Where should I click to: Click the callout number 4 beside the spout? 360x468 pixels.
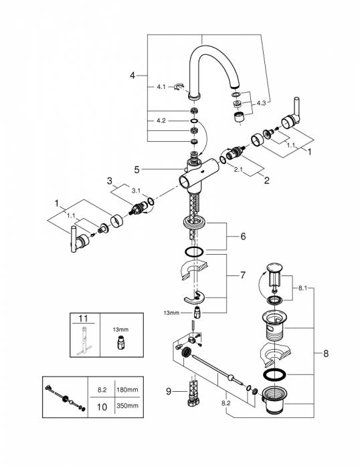(x=132, y=76)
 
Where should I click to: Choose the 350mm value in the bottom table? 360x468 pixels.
(x=127, y=406)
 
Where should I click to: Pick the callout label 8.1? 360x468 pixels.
(x=302, y=289)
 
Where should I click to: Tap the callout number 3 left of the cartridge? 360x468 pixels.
(x=108, y=181)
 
